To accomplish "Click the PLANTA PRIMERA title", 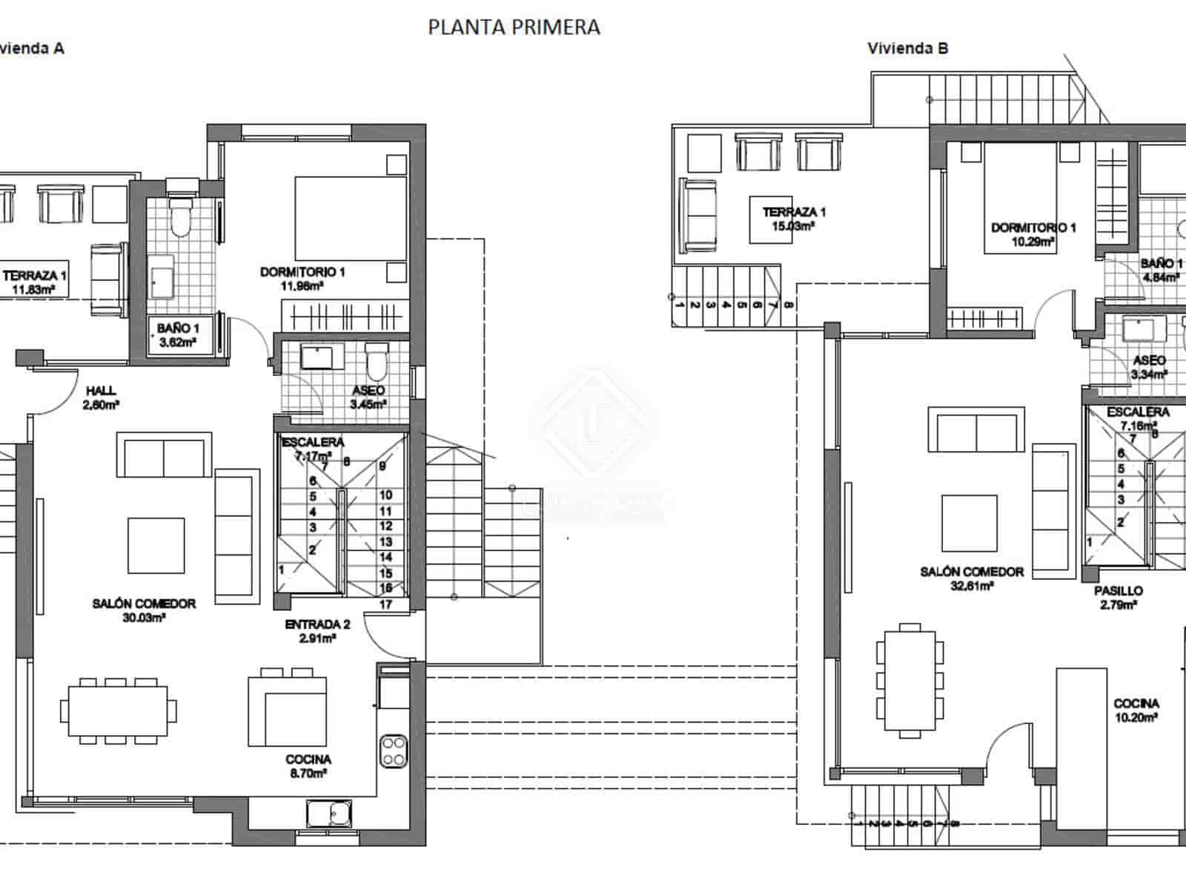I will point(514,27).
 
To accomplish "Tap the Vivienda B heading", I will point(908,49).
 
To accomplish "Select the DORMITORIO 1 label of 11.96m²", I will point(302,278).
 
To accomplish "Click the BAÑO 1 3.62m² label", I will point(178,334).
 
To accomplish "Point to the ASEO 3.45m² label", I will point(368,397).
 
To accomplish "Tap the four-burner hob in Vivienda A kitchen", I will point(393,751).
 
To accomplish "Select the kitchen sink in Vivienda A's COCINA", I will point(330,814).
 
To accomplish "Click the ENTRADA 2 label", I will point(317,630).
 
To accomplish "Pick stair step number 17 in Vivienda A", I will point(385,604).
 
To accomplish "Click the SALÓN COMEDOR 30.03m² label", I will point(145,610).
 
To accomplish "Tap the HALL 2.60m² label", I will point(101,398).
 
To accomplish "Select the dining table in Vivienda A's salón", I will point(119,710).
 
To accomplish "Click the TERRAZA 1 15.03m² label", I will point(794,219).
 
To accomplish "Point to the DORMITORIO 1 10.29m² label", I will point(1033,234).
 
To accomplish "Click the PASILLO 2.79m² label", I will point(1119,597).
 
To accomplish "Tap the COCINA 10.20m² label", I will point(1136,710).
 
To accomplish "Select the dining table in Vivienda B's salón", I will point(910,680).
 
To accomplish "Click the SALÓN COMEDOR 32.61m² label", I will point(972,578).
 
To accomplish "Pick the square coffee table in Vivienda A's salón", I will point(156,545).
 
